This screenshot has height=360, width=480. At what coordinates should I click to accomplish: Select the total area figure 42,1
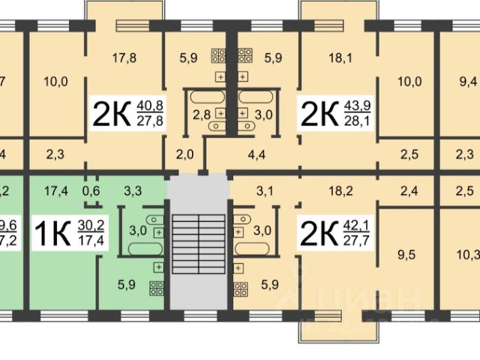tap(355, 223)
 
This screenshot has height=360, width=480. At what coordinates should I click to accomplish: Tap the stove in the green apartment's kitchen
tap(157, 286)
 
